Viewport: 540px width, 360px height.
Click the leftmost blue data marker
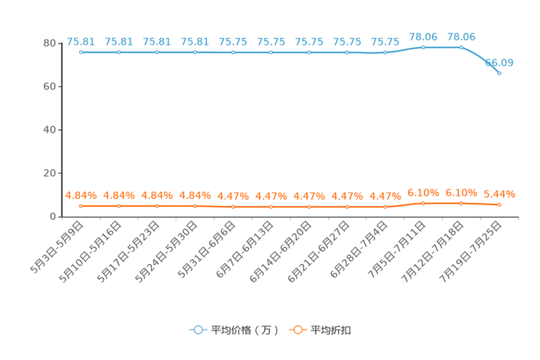click(81, 52)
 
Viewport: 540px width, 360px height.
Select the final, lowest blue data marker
click(499, 73)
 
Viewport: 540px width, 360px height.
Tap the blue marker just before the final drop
click(461, 47)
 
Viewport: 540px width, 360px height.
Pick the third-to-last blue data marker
click(423, 47)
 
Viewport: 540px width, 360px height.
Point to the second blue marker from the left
click(118, 52)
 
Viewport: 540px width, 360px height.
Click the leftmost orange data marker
click(81, 206)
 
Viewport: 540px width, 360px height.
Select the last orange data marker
click(499, 205)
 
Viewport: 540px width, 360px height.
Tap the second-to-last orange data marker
click(461, 203)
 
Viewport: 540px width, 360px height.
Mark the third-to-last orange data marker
click(423, 203)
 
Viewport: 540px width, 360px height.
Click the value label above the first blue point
click(80, 41)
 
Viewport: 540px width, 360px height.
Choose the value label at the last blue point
click(500, 62)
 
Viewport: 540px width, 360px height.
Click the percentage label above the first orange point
click(81, 195)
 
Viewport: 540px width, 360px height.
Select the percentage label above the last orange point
click(499, 195)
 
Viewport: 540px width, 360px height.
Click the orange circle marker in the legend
click(298, 330)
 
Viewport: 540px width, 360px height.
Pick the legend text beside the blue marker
click(244, 330)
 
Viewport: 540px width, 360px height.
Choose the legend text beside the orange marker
click(332, 330)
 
